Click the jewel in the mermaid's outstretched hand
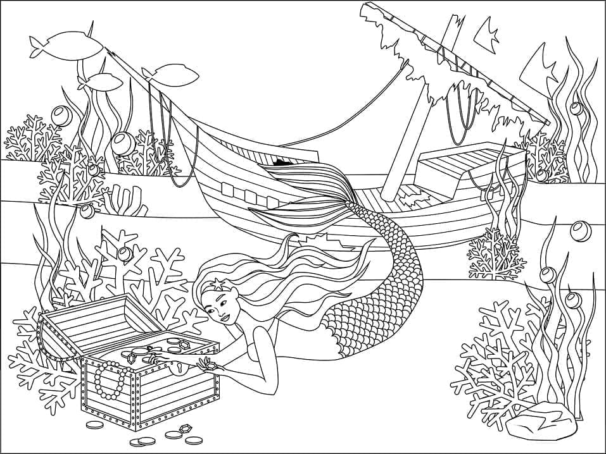pos(206,362)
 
